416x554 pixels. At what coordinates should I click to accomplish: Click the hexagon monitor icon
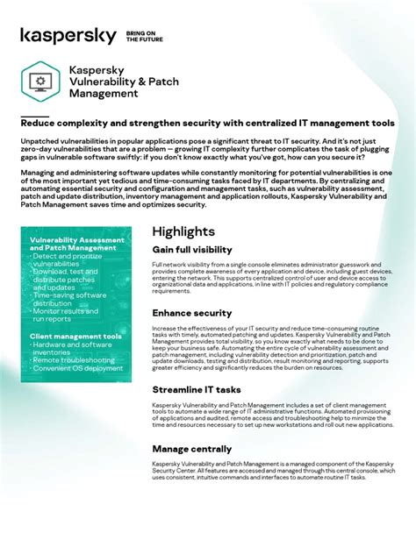(39, 82)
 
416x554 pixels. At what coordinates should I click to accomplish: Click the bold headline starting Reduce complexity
(207, 124)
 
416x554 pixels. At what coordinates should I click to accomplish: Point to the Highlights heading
(183, 231)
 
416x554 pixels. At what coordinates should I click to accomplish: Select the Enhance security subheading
(191, 313)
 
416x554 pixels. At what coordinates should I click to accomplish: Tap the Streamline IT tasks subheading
(196, 390)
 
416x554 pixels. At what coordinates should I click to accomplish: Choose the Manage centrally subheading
(192, 449)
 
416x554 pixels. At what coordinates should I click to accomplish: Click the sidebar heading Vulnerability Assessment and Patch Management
(77, 244)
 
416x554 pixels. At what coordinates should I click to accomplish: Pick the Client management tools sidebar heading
(75, 336)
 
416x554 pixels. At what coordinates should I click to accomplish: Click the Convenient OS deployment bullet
(79, 369)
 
